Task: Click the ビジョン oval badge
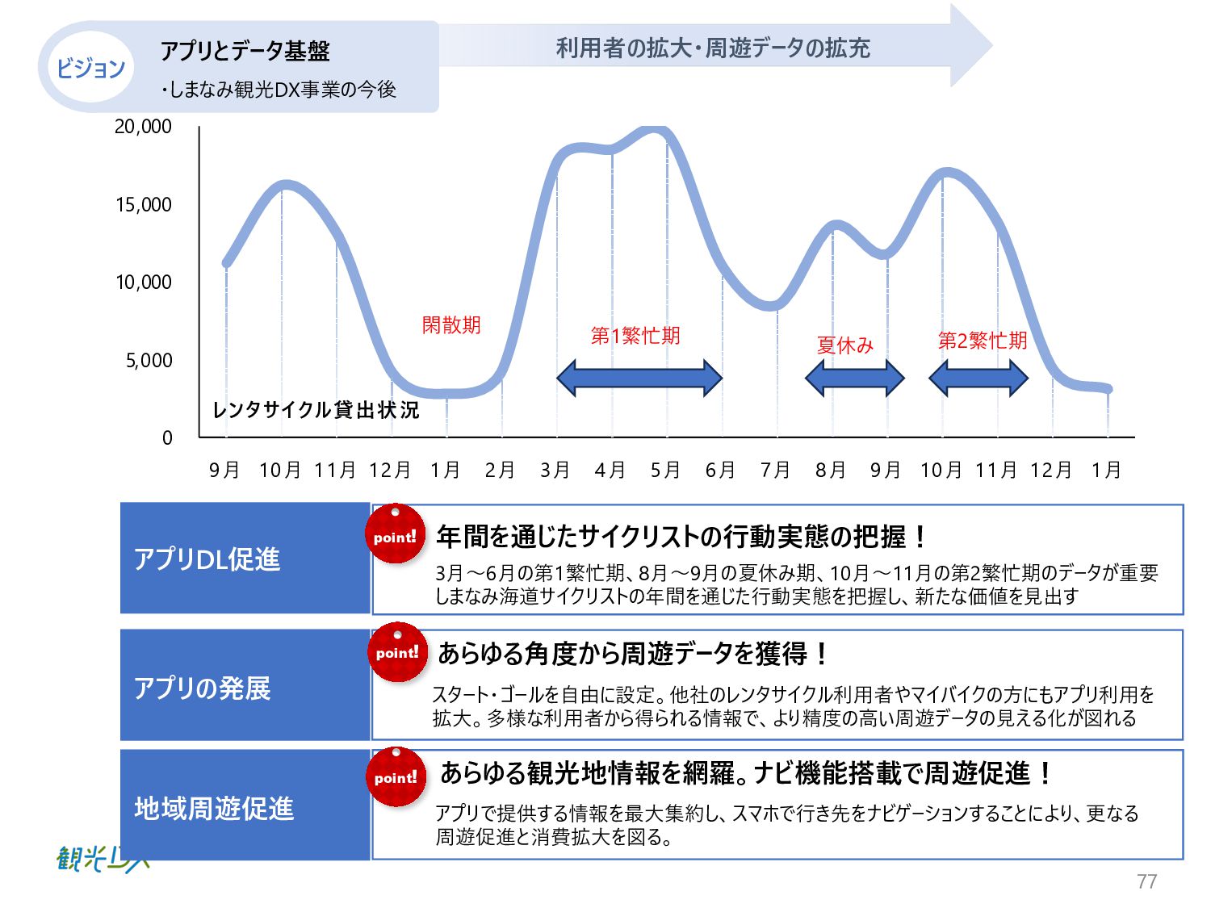click(x=90, y=67)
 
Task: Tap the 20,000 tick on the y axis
click(x=143, y=127)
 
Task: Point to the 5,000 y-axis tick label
click(x=149, y=361)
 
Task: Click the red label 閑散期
click(x=451, y=325)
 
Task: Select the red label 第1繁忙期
click(x=635, y=336)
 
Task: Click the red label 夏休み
click(x=844, y=345)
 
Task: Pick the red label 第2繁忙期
click(x=982, y=341)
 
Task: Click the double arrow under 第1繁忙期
click(x=639, y=378)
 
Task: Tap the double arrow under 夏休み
click(x=854, y=378)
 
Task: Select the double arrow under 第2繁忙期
click(x=978, y=378)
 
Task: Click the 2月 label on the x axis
click(x=500, y=470)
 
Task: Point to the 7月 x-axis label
click(x=775, y=470)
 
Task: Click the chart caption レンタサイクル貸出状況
click(x=316, y=410)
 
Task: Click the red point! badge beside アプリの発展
click(x=396, y=652)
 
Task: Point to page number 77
click(x=1146, y=881)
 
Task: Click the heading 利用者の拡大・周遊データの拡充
click(x=713, y=48)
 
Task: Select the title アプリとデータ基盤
click(x=245, y=51)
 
